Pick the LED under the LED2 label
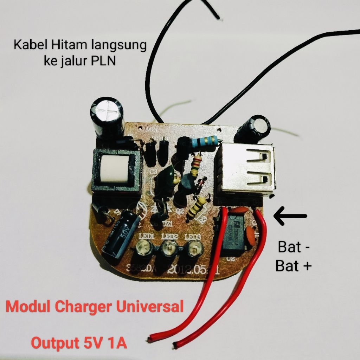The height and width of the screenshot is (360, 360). [x=168, y=250]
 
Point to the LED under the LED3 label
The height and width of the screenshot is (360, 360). [x=193, y=250]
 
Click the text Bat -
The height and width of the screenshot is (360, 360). [x=294, y=247]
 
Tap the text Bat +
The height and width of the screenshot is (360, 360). [x=294, y=266]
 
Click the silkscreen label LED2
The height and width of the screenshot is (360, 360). [x=169, y=237]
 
